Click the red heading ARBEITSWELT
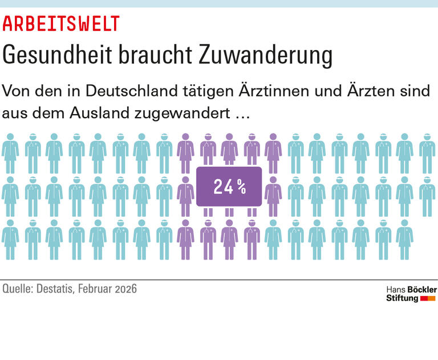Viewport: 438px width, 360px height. click(x=61, y=24)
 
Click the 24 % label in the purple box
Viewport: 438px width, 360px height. click(x=229, y=187)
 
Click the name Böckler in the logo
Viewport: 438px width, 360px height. click(x=422, y=290)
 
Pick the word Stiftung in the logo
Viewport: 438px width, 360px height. click(x=402, y=298)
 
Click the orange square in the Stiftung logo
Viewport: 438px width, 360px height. click(x=432, y=298)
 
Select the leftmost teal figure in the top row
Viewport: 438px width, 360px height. click(x=10, y=153)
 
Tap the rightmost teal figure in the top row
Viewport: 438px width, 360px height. click(x=427, y=153)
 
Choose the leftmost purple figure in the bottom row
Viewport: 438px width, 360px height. click(x=185, y=239)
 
